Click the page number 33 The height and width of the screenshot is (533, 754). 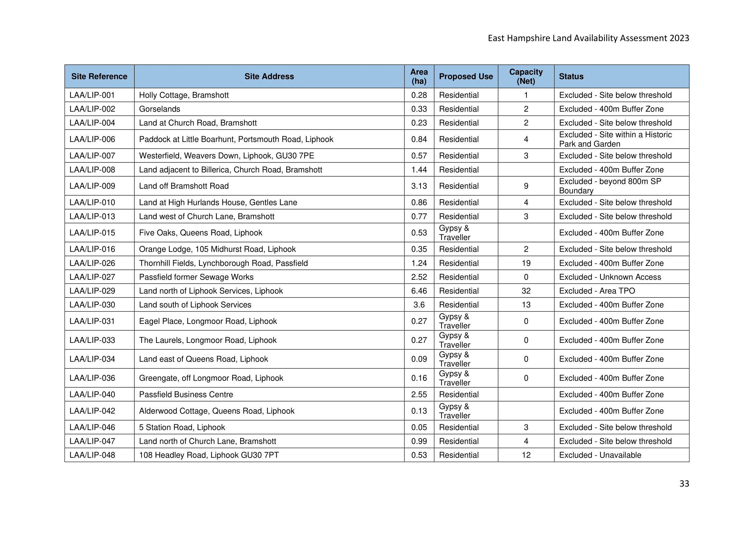[684, 483]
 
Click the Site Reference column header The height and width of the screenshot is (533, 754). [99, 76]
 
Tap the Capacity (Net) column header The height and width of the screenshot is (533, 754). [526, 76]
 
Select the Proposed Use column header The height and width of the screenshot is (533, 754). [466, 76]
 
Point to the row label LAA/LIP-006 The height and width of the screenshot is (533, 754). [92, 139]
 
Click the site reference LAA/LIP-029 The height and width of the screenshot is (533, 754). [92, 291]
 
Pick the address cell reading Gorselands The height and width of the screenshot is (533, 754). [160, 109]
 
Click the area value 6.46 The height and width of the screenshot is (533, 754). [419, 291]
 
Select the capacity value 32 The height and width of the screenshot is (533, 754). [526, 291]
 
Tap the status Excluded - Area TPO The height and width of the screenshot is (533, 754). [597, 291]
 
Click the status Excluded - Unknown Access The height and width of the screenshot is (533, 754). [610, 277]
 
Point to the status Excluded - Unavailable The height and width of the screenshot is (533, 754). [600, 455]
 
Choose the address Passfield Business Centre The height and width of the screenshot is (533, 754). [186, 394]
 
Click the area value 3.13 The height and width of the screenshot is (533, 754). [419, 186]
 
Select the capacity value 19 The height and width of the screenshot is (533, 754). [526, 263]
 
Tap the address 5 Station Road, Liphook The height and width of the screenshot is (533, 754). [182, 427]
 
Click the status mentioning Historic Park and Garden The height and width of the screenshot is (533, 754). [615, 139]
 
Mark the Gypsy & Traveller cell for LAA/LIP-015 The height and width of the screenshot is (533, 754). [455, 233]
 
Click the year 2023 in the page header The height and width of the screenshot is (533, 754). [679, 38]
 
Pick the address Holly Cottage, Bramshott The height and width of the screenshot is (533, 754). [184, 95]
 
